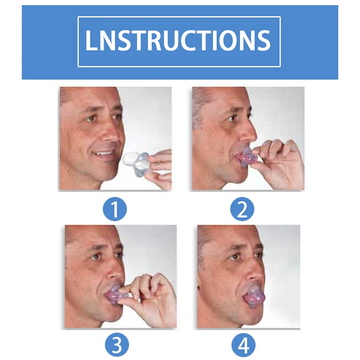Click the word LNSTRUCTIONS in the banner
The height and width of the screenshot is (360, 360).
(x=179, y=41)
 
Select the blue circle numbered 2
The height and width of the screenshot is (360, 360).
(x=243, y=210)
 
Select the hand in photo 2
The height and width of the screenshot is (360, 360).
(x=281, y=162)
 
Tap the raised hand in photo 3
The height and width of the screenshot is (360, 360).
(x=151, y=299)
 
